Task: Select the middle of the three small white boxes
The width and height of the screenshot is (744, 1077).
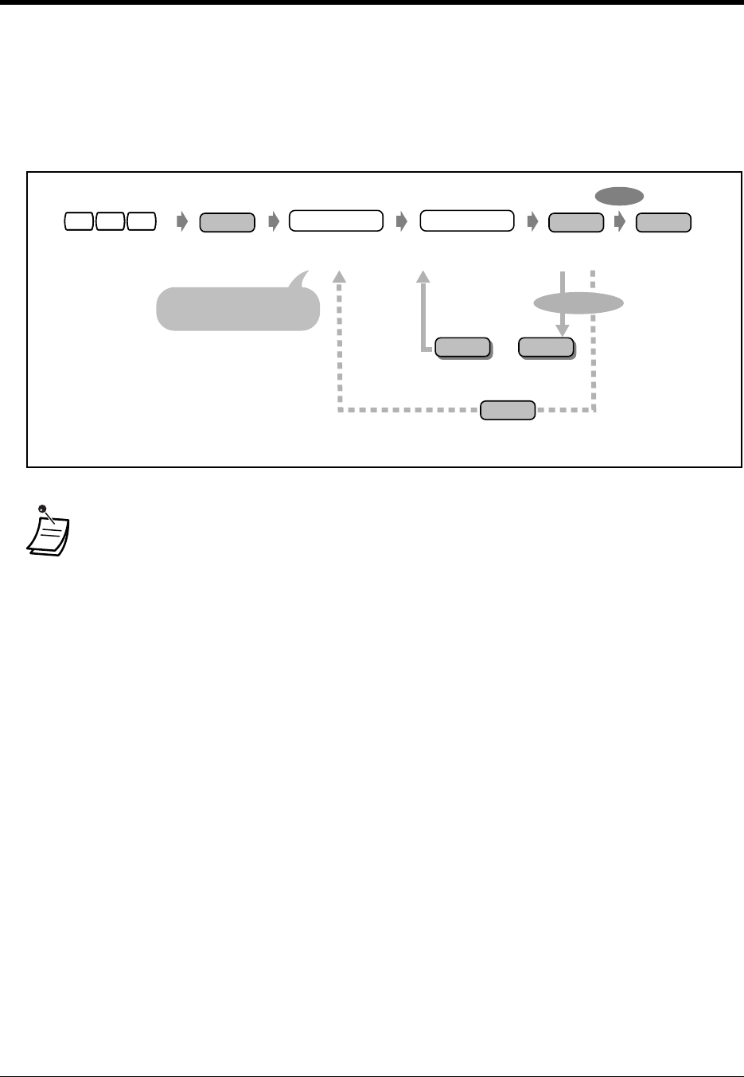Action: (110, 222)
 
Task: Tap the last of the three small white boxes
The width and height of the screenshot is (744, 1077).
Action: (141, 222)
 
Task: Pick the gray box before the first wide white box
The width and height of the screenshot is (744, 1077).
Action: (227, 222)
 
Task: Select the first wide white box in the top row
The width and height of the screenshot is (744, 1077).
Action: (336, 221)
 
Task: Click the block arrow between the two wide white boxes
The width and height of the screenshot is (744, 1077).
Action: (402, 222)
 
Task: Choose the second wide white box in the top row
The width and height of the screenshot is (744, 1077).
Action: (467, 221)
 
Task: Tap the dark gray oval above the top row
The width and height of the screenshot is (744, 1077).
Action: (620, 195)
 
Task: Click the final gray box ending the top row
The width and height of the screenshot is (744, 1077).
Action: (664, 222)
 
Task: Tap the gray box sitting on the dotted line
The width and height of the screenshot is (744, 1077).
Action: (508, 410)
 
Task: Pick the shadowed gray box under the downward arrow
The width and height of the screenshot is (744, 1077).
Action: (546, 348)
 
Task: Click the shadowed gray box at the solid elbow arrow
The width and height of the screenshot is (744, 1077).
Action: (463, 348)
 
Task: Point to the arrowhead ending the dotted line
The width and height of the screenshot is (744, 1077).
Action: (340, 275)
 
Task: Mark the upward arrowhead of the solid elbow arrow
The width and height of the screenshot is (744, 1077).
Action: (423, 275)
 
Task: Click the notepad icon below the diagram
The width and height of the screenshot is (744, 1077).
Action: (48, 533)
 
